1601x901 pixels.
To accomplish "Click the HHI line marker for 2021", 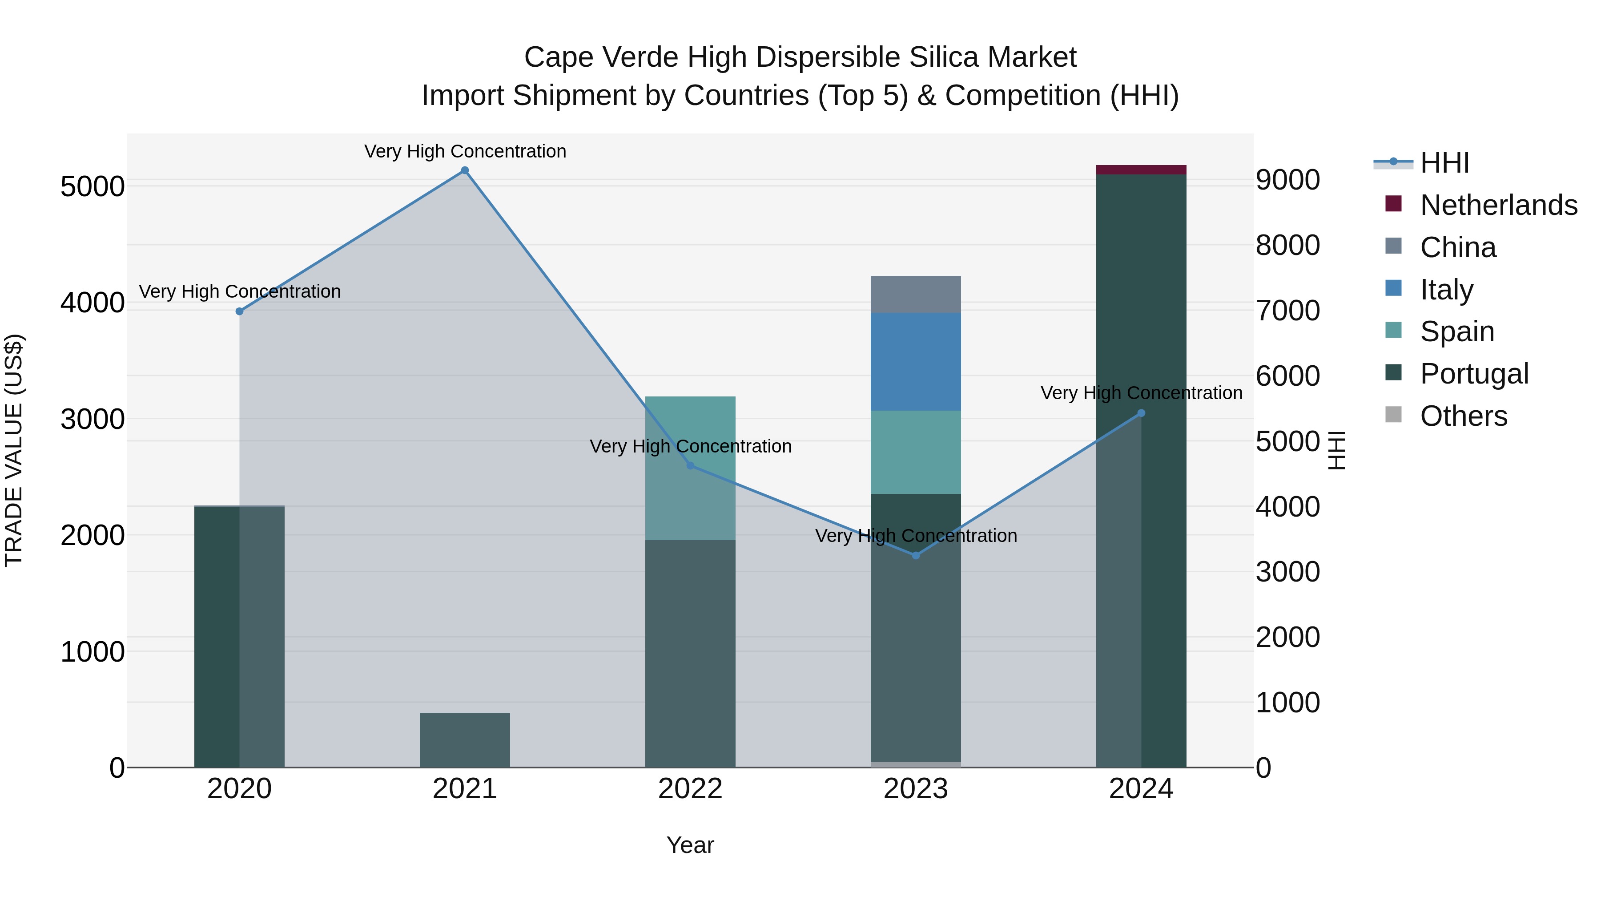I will [x=464, y=170].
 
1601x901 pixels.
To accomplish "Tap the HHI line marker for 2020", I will [x=239, y=311].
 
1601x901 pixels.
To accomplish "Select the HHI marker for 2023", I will [x=916, y=555].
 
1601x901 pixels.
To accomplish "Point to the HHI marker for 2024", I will [x=1141, y=413].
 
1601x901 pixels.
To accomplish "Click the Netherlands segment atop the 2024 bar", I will [x=1141, y=170].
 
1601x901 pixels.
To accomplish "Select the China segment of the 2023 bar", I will [x=916, y=294].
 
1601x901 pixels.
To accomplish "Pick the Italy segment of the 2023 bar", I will [x=916, y=361].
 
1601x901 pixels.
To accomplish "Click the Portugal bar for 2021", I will [x=464, y=740].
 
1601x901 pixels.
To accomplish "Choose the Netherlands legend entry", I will [x=1498, y=205].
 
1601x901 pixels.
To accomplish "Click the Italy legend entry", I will [x=1446, y=290].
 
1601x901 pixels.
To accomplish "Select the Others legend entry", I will [x=1463, y=416].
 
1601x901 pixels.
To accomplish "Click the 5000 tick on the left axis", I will [x=92, y=186].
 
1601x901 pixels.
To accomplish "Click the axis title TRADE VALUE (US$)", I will [x=14, y=450].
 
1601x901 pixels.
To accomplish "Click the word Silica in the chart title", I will [x=943, y=57].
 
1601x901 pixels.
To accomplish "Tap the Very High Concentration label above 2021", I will [x=465, y=151].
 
